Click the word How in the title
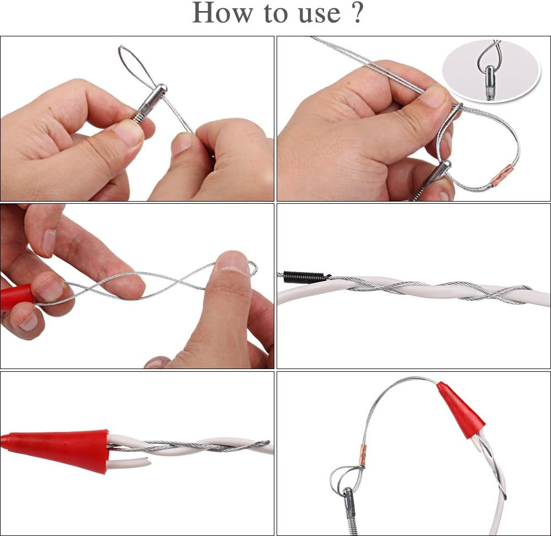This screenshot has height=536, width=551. tap(223, 13)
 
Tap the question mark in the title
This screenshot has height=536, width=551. tap(356, 13)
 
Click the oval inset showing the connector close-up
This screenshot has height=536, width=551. tap(490, 71)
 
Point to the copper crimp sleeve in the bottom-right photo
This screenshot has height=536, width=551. tap(364, 455)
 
